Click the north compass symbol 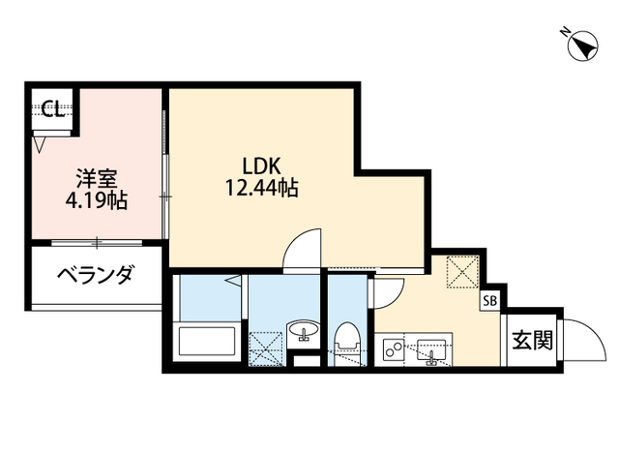pyautogui.click(x=581, y=45)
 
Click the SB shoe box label pyautogui.click(x=490, y=301)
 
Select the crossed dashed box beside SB pyautogui.click(x=460, y=271)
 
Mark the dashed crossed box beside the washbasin pyautogui.click(x=263, y=348)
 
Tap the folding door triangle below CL pyautogui.click(x=39, y=145)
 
